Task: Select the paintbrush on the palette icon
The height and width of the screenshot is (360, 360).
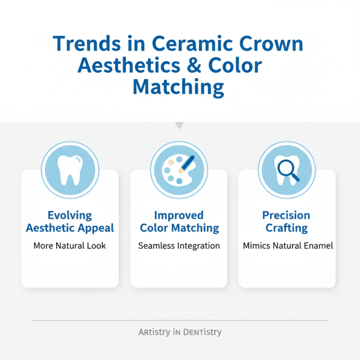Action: [x=186, y=164]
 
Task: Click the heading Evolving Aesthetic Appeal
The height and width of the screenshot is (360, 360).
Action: [x=70, y=221]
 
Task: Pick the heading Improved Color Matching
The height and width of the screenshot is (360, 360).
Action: [x=179, y=221]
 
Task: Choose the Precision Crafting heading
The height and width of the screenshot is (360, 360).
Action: [x=287, y=221]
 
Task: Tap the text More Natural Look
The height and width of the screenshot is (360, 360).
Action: [x=70, y=246]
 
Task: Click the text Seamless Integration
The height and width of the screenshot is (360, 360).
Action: [x=179, y=246]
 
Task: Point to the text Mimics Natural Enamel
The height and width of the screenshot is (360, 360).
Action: [x=288, y=246]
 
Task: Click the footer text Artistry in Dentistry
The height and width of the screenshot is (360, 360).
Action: [x=180, y=333]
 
